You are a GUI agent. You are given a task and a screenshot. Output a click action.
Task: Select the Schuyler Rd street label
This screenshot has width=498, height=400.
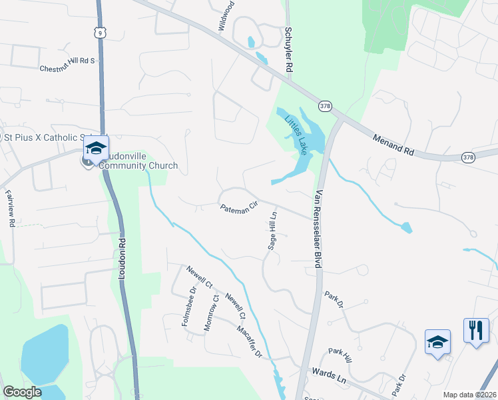(289, 51)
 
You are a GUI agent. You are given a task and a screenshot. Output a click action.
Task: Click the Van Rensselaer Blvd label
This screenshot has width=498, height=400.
(318, 229)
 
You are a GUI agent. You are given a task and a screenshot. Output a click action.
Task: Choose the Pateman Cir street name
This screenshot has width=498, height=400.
(238, 209)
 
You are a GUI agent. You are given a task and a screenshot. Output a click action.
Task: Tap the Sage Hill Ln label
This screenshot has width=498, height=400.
(273, 231)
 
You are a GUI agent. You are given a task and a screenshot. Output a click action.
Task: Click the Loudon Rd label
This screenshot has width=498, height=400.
(124, 261)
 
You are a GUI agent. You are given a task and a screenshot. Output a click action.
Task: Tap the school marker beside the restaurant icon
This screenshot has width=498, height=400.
(437, 342)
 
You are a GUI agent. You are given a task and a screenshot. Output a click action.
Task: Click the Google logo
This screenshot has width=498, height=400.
(23, 392)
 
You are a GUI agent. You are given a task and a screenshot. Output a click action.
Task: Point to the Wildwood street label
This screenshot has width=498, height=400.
(226, 15)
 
